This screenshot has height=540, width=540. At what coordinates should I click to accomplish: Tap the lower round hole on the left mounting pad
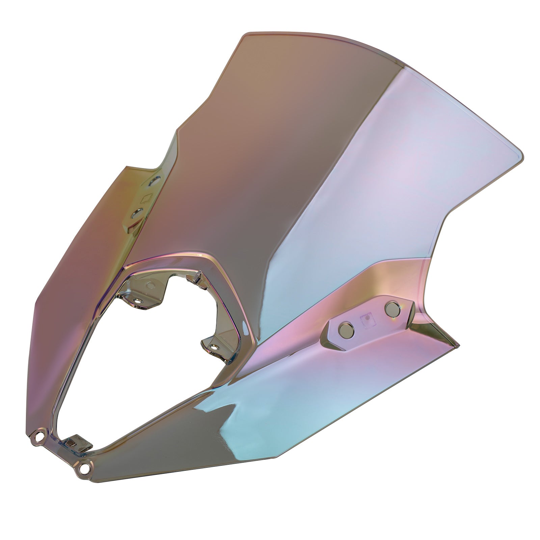tap(137, 213)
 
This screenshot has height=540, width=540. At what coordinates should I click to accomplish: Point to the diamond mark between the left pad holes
tap(147, 197)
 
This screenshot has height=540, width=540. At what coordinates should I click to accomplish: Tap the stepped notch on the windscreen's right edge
tap(446, 219)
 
